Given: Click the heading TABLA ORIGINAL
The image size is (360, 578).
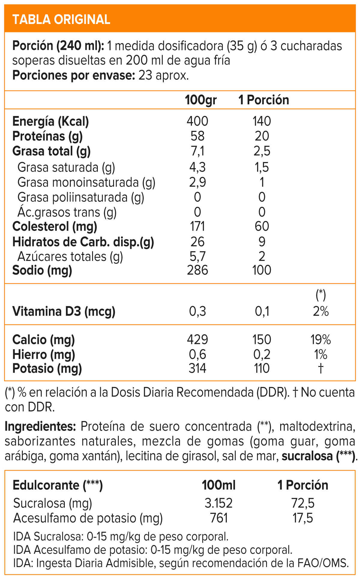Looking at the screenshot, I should [61, 19].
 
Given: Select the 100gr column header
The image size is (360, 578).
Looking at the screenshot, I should [201, 100].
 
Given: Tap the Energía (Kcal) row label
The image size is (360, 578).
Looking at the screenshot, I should [50, 121].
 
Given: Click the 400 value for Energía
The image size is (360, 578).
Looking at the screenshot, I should [197, 121].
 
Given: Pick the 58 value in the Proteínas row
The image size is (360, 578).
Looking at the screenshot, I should [197, 136].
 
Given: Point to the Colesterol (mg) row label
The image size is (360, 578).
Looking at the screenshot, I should [55, 226].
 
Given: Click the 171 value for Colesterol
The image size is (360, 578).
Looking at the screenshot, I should [197, 226].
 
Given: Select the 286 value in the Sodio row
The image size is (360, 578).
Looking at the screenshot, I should [197, 270].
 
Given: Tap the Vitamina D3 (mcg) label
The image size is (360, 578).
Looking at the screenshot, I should [64, 311].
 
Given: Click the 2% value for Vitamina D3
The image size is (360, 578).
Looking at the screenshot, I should [321, 311].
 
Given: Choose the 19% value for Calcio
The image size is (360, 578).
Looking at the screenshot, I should [321, 340].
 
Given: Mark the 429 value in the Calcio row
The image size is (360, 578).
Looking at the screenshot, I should [197, 340].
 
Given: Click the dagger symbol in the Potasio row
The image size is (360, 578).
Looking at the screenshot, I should [321, 368].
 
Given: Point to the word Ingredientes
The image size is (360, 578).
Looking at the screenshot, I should [40, 426].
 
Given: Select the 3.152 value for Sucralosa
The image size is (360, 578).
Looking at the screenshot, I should [218, 503].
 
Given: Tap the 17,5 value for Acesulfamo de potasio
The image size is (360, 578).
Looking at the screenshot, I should [303, 518].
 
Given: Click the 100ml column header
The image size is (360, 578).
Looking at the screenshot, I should [218, 485].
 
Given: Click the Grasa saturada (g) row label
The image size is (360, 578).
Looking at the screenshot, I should [66, 167].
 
